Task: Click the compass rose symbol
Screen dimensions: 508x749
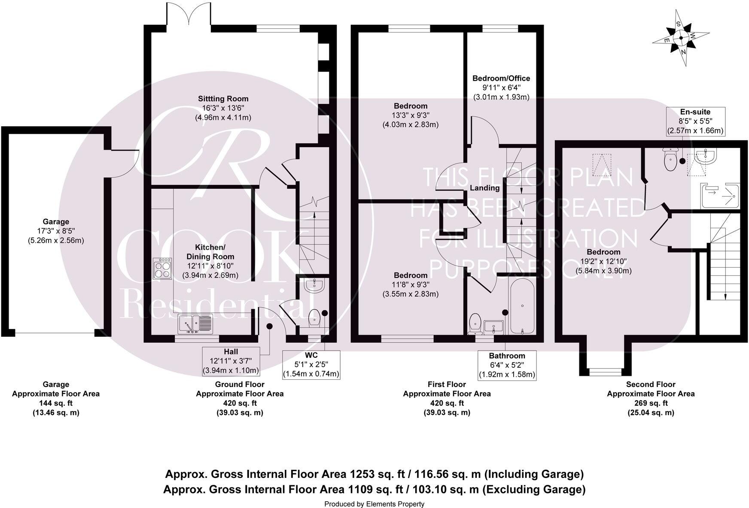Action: pos(681,38)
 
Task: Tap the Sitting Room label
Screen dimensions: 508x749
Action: pos(223,99)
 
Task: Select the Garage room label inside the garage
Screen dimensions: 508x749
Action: pos(56,222)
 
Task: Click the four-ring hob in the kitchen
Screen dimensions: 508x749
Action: pos(163,269)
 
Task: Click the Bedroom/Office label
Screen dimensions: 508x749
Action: pos(501,79)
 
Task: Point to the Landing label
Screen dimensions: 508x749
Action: pos(484,188)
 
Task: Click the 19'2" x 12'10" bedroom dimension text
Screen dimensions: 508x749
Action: pos(603,261)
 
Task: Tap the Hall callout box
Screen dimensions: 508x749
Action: pos(231,361)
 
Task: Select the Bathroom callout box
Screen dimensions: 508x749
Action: pos(507,365)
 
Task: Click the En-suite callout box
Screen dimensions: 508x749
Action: pos(695,121)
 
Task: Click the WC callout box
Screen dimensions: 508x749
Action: pos(311,365)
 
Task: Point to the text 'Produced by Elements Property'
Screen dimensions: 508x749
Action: pos(374,504)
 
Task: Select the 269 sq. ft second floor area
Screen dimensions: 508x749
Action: pos(651,403)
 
